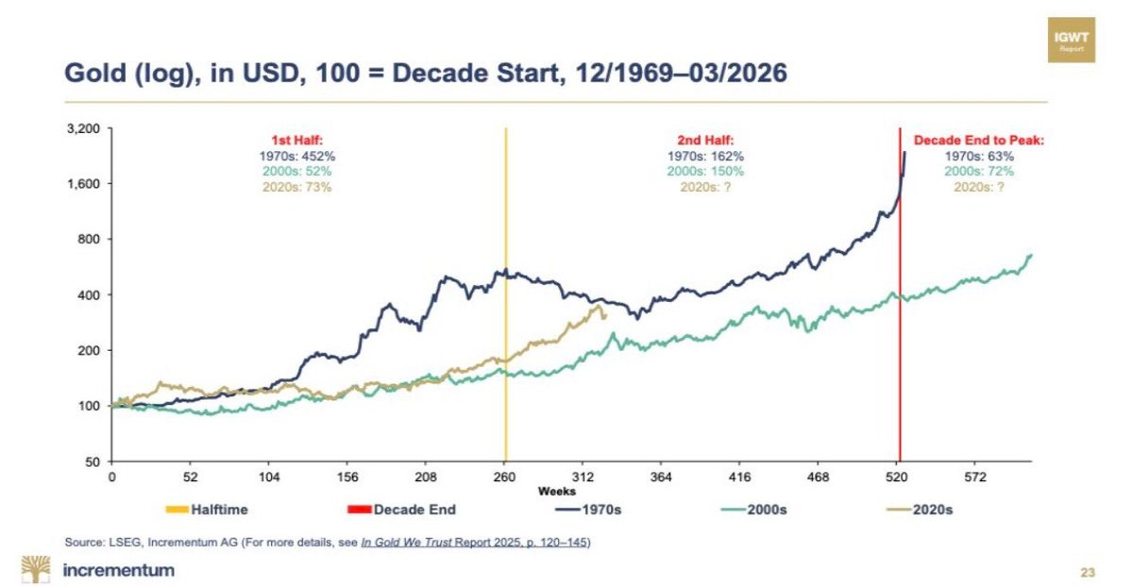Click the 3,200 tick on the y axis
[86, 128]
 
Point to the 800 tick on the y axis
[92, 239]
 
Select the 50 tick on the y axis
[94, 461]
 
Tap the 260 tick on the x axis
[505, 477]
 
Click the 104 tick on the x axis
[269, 477]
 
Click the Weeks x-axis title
[558, 491]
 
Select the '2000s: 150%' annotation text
[704, 171]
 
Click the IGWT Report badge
[1076, 40]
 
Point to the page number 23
[1087, 572]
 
